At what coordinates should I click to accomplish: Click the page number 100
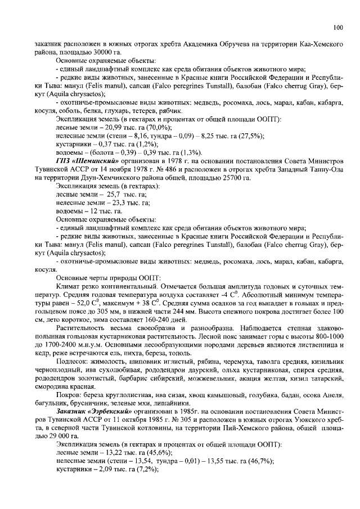coord(337,26)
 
